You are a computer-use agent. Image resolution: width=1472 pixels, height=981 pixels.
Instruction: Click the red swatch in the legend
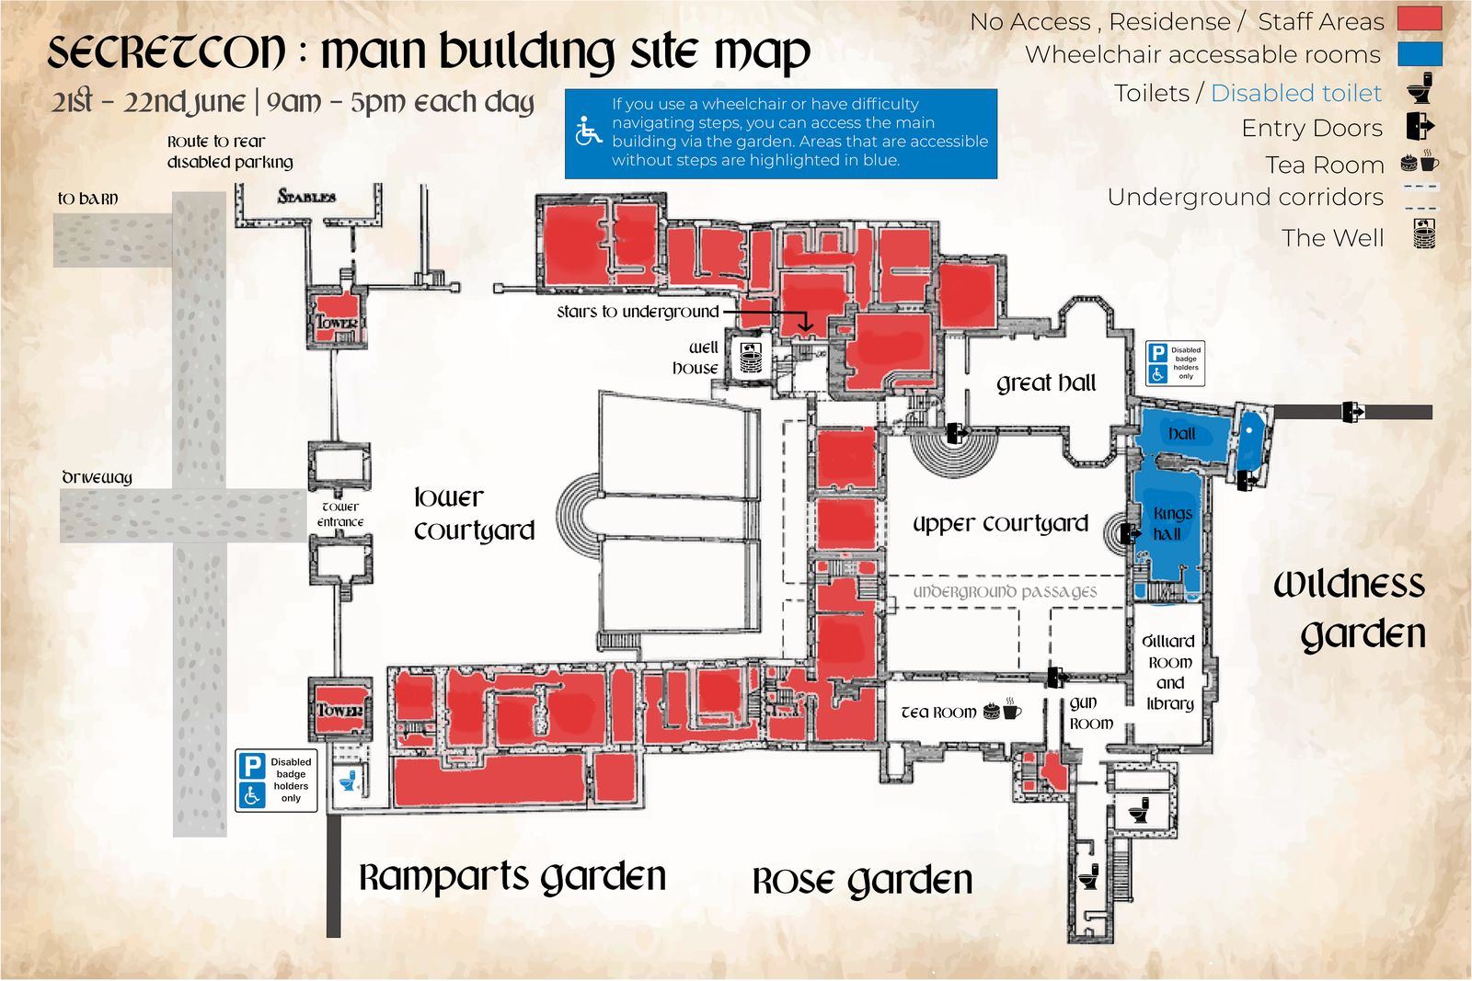pos(1420,18)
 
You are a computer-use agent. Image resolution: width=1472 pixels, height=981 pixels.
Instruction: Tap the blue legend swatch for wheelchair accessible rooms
pos(1420,54)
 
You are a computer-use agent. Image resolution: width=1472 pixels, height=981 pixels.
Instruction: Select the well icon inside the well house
pos(751,358)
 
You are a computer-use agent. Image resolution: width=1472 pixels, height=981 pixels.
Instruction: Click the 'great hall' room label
pos(1045,382)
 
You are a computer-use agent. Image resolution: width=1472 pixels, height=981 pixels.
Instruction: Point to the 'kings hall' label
pos(1172,523)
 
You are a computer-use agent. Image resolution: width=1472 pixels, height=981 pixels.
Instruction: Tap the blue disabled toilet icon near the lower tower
pos(348,781)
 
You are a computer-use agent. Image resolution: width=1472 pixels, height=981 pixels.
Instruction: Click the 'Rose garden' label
pos(861,881)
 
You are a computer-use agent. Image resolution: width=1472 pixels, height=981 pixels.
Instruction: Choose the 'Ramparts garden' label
pos(512,877)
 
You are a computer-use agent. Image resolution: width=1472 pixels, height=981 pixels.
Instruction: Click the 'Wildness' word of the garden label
pos(1349,585)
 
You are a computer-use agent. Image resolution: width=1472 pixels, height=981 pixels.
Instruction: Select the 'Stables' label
pos(306,196)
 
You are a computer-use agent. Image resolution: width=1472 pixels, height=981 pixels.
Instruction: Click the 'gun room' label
pos(1091,713)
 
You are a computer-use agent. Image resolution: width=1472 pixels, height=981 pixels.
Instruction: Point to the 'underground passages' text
pos(1005,591)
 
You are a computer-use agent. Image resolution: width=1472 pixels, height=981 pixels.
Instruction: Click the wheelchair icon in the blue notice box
pos(588,131)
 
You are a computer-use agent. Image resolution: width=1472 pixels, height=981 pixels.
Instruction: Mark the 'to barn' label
pos(88,199)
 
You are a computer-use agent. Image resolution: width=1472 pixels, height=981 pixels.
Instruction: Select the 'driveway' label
pos(97,477)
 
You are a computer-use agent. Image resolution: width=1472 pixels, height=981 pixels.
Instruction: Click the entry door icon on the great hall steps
pos(957,433)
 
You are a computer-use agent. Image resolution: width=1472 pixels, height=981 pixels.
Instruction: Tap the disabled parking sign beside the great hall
pos(1175,363)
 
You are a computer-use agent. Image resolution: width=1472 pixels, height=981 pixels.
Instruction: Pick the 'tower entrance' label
pos(340,514)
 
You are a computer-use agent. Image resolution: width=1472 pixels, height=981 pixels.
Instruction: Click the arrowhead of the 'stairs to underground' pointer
pos(806,325)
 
